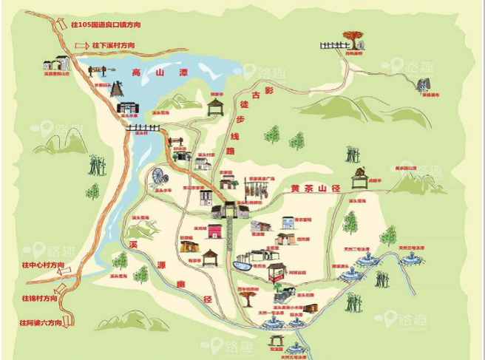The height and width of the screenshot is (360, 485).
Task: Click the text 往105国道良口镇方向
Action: [105, 24]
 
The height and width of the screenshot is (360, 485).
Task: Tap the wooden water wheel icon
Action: [157, 177]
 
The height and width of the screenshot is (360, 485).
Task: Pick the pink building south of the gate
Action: [214, 231]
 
